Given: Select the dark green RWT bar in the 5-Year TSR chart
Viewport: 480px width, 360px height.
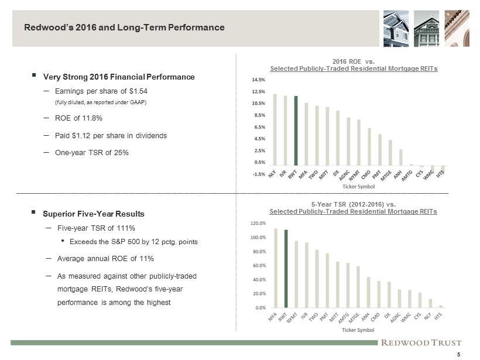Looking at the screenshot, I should tap(286, 268).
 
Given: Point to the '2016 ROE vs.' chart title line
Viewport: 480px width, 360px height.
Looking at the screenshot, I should tap(353, 61).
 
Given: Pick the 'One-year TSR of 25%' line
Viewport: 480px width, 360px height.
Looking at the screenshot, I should tap(91, 152).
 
